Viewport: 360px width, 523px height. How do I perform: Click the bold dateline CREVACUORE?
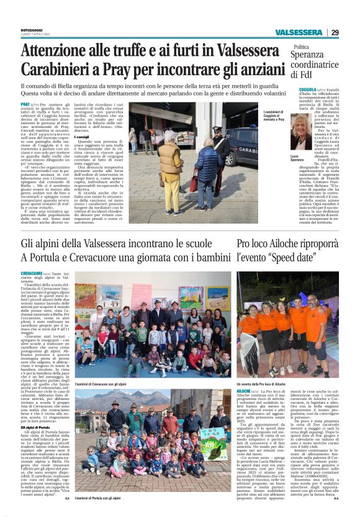click(32, 273)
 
